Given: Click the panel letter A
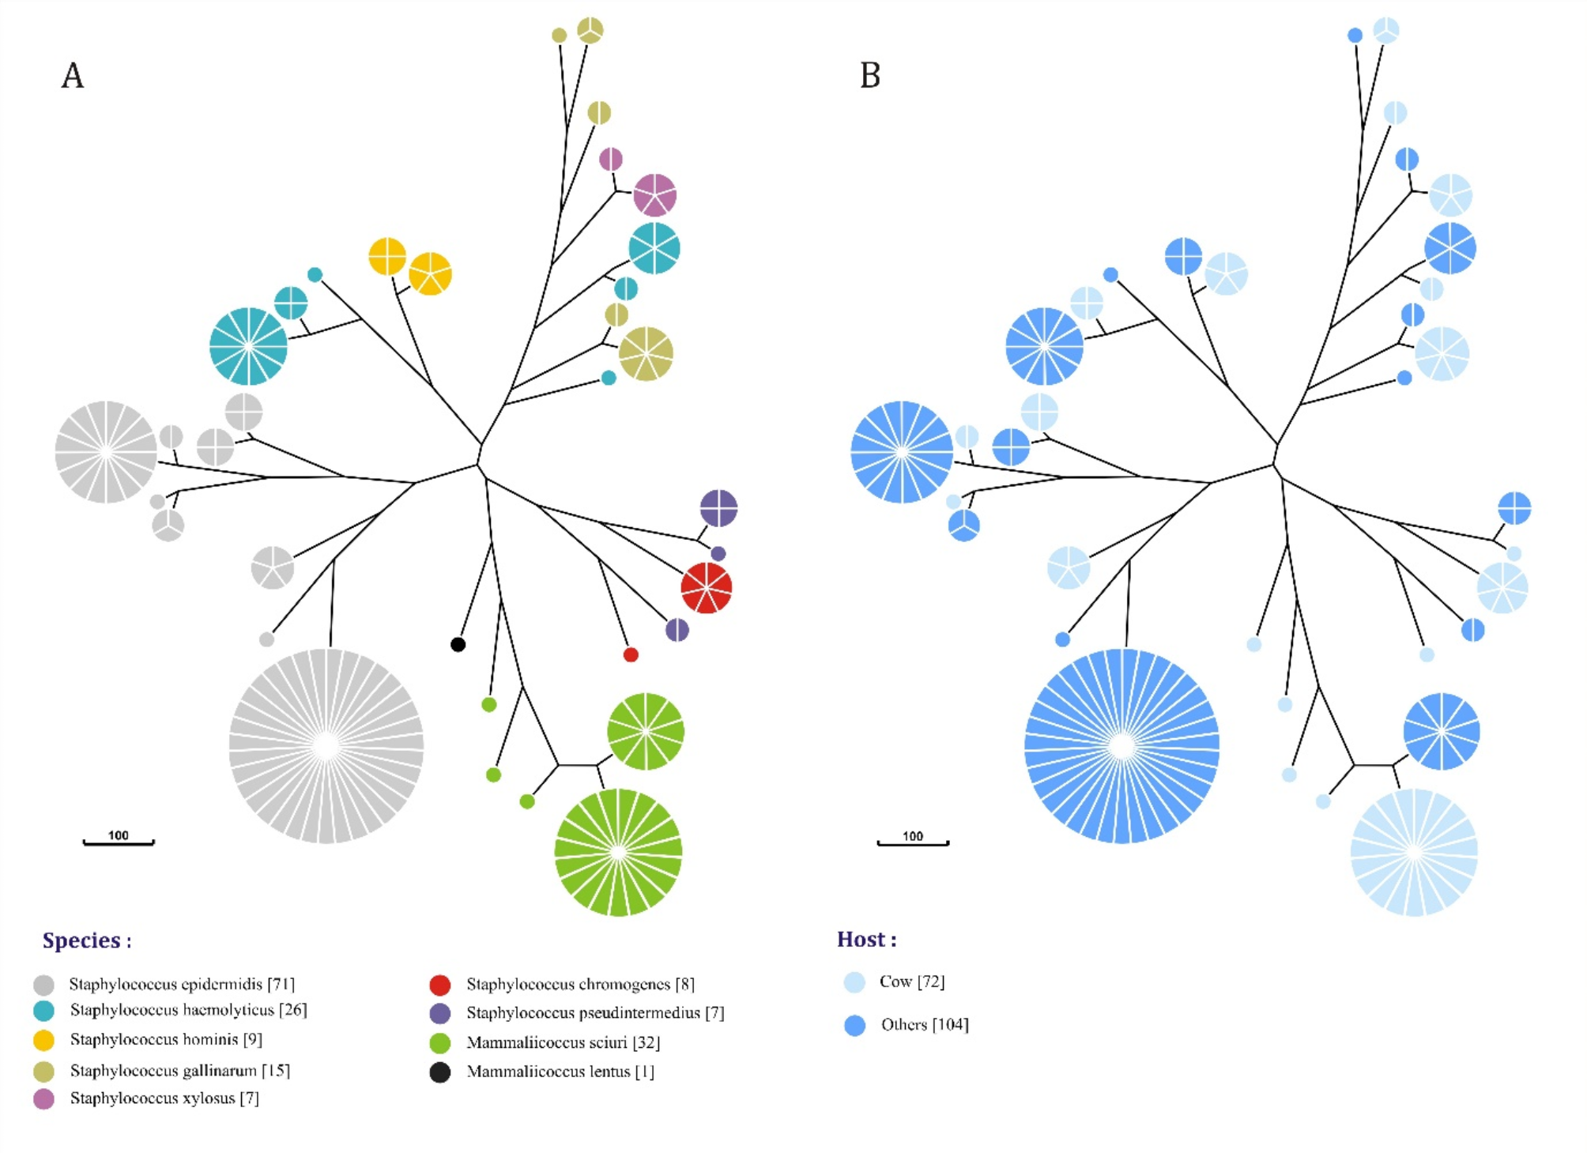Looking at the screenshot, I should (x=73, y=76).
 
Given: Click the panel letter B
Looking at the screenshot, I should (x=869, y=76).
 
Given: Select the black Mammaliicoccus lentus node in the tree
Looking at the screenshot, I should (x=458, y=644).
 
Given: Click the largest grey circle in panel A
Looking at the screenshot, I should (x=326, y=745).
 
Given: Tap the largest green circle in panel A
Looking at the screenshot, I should (x=618, y=852).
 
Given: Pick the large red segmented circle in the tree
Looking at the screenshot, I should (x=706, y=588).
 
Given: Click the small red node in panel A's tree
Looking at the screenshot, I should (x=631, y=654).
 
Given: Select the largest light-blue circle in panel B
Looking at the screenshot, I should (x=1414, y=852).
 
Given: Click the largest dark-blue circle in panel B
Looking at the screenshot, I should (x=1121, y=745).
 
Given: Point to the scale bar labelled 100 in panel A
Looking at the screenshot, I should (x=119, y=842).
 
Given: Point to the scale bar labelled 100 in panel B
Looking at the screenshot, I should (x=913, y=842).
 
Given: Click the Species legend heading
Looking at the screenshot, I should (x=87, y=940).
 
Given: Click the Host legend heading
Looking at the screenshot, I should (x=866, y=940).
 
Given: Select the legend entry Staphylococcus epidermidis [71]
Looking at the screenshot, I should (x=182, y=984).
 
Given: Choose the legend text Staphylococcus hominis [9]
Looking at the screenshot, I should (x=166, y=1039).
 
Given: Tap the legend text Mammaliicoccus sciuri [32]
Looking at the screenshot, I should (x=563, y=1042).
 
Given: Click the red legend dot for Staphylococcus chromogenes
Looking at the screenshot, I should (x=439, y=985).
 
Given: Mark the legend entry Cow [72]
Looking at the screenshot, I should (x=911, y=982).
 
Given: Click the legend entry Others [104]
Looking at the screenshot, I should (x=924, y=1025).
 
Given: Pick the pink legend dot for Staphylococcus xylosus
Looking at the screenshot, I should (x=43, y=1098).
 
